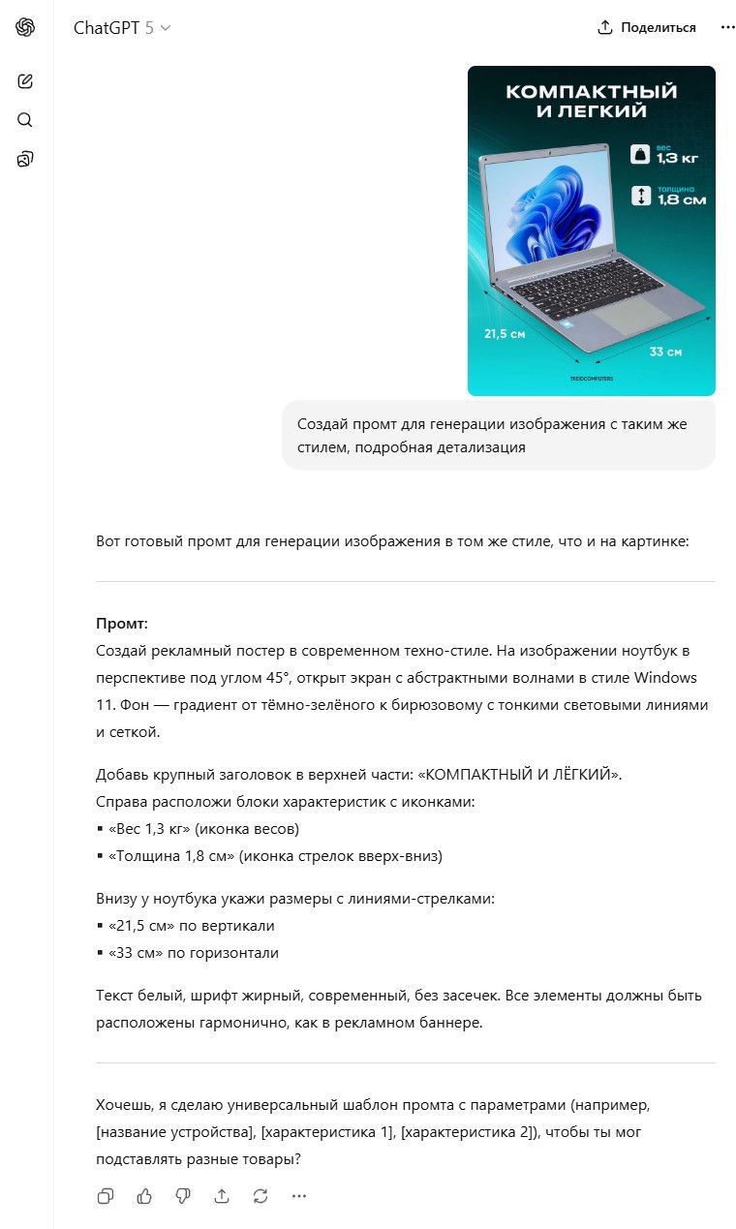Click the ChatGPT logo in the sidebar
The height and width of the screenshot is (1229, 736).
[25, 27]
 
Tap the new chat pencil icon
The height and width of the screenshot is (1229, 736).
[25, 81]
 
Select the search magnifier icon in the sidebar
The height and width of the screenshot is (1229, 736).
[25, 120]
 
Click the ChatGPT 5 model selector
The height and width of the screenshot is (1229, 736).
[122, 28]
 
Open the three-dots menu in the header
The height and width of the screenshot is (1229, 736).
[728, 28]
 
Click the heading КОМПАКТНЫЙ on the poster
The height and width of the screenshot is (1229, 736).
[591, 93]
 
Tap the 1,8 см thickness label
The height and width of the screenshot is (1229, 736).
[682, 200]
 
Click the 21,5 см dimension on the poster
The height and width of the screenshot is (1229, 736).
[504, 334]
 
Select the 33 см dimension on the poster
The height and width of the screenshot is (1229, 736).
[665, 352]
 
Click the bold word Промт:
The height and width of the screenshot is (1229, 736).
[122, 624]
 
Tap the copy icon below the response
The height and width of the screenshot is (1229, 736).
[106, 1196]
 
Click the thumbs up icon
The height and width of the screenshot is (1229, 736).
[144, 1196]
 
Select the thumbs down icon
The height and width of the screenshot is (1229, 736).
[183, 1196]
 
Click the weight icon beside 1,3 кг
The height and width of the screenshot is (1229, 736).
[640, 153]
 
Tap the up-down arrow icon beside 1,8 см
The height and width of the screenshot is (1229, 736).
[640, 196]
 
